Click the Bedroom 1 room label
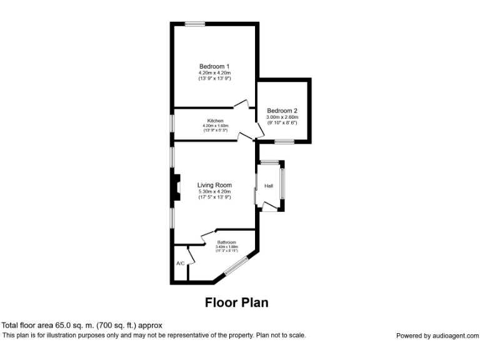click(214, 66)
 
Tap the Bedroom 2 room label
click(282, 111)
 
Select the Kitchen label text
click(215, 121)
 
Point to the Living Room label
click(214, 185)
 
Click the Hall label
click(268, 186)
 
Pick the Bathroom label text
click(226, 242)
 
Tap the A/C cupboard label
click(180, 263)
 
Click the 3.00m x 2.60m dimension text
click(282, 117)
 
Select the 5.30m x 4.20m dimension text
click(214, 191)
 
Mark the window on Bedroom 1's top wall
click(194, 24)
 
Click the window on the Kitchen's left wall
click(173, 122)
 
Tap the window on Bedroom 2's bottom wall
click(284, 142)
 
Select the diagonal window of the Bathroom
click(236, 265)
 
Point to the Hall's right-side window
click(282, 184)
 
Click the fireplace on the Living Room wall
click(177, 187)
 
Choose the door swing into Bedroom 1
click(241, 104)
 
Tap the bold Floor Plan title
click(237, 302)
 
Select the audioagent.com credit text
click(437, 336)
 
